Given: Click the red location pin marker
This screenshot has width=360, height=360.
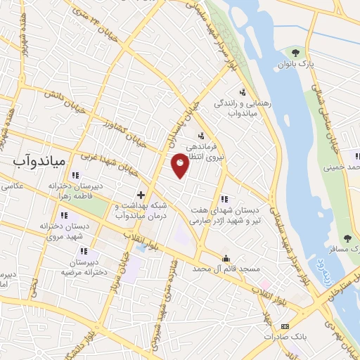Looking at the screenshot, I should coord(181,165).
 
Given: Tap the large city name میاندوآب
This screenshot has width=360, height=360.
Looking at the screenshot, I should coord(39,161).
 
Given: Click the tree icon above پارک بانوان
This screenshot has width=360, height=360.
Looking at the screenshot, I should coord(295,53).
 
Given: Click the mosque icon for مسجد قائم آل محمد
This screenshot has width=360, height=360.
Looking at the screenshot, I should coord(226,258).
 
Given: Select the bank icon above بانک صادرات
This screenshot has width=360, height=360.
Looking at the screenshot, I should coord(285,326).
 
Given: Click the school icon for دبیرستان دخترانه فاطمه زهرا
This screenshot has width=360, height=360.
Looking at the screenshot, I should coord(75,175).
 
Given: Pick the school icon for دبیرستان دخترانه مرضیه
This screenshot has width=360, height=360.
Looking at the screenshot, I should coord(84,251).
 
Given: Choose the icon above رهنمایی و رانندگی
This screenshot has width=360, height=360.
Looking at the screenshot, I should coord(243,92).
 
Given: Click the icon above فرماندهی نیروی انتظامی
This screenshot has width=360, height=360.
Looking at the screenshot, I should coord(201,136).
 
